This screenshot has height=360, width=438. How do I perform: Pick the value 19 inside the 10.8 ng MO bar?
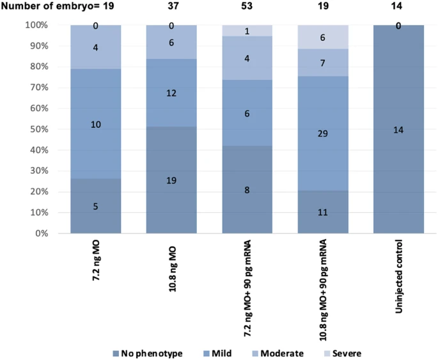(x=171, y=180)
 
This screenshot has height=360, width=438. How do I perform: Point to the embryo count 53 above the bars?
(x=247, y=8)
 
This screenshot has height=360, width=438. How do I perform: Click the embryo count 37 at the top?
(x=171, y=8)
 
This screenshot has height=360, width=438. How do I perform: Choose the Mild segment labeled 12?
(x=171, y=93)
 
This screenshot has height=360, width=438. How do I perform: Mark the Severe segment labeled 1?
(x=247, y=31)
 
